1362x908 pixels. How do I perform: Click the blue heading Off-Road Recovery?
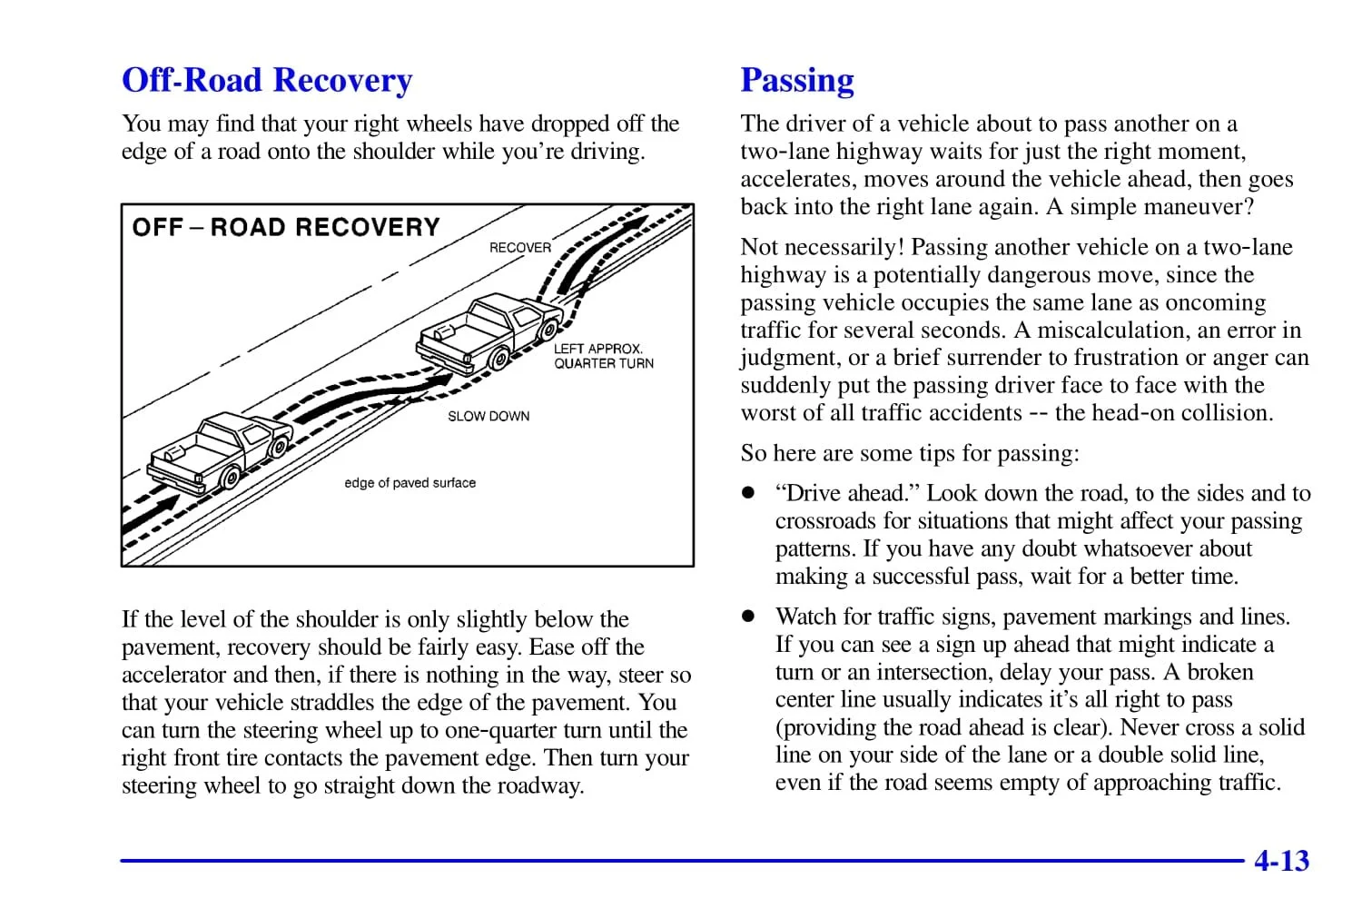coord(267,81)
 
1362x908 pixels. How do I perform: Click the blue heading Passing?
coord(797,81)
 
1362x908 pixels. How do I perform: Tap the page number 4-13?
coord(1281,860)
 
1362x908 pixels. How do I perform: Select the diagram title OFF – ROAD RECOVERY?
coord(286,227)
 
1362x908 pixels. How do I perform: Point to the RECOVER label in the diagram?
coord(519,247)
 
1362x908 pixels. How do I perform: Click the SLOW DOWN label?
coord(489,416)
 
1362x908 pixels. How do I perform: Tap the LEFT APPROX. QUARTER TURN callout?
coord(603,356)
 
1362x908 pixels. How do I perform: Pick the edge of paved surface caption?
coord(410,483)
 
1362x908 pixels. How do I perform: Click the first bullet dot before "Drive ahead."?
coord(747,494)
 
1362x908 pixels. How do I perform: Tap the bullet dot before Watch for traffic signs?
coord(747,617)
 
